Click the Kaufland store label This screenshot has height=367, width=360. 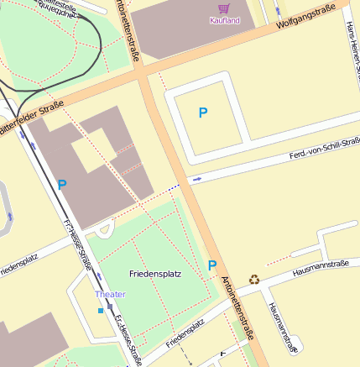225,20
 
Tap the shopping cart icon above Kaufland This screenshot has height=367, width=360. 224,8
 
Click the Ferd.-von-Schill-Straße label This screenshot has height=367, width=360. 324,149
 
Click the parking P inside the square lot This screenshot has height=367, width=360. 202,112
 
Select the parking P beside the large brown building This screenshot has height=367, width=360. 62,184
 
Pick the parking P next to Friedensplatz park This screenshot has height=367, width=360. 212,265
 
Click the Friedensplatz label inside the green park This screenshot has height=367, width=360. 156,274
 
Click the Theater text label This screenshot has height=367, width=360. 110,294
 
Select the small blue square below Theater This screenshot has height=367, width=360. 101,311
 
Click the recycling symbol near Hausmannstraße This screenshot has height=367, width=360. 254,279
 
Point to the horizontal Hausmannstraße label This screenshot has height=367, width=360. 320,269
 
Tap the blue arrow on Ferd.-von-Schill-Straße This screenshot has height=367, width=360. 197,179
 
